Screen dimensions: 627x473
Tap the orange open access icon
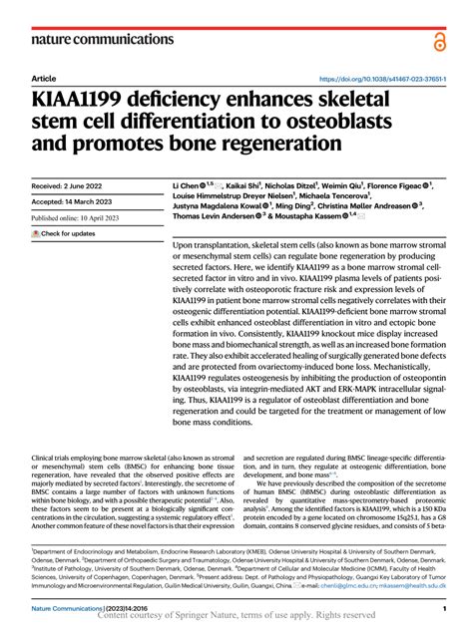tap(439, 40)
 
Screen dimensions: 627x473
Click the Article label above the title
tap(43, 78)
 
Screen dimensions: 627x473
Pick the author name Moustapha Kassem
tap(313, 214)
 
